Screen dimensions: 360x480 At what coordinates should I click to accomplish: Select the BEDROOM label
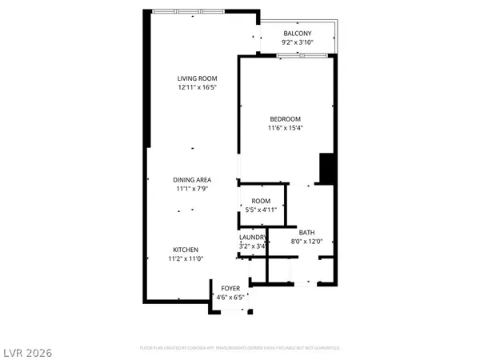tap(285, 118)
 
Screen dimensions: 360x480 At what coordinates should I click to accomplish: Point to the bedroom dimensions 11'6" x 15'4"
tap(285, 127)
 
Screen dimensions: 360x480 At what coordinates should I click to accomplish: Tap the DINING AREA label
tap(193, 180)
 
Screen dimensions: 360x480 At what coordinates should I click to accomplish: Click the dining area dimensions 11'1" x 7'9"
tap(193, 189)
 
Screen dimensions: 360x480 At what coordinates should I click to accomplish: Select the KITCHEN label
tap(183, 250)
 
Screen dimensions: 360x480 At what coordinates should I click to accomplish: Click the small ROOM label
tap(261, 200)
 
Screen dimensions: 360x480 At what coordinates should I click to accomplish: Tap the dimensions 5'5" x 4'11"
tap(261, 209)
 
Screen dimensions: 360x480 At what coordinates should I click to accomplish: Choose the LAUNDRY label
tap(253, 238)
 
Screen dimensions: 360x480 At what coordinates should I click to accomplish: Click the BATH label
tap(308, 232)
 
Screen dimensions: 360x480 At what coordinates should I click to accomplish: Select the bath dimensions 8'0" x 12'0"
tap(308, 241)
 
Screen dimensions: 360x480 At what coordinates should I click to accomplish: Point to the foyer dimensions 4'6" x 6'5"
tap(230, 297)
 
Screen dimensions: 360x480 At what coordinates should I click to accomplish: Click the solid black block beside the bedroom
tap(326, 169)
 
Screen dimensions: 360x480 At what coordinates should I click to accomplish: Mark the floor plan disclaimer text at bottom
tap(240, 349)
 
